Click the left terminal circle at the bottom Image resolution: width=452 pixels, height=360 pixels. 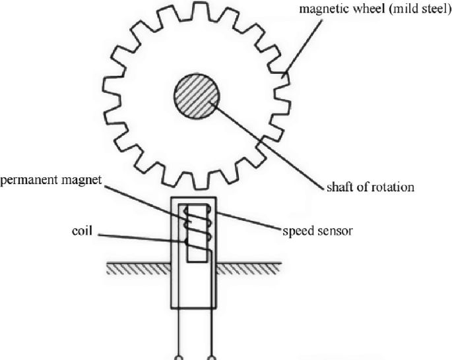click(179, 357)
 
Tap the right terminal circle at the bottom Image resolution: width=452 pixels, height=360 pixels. click(211, 357)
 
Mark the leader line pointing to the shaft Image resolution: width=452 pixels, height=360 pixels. click(271, 141)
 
